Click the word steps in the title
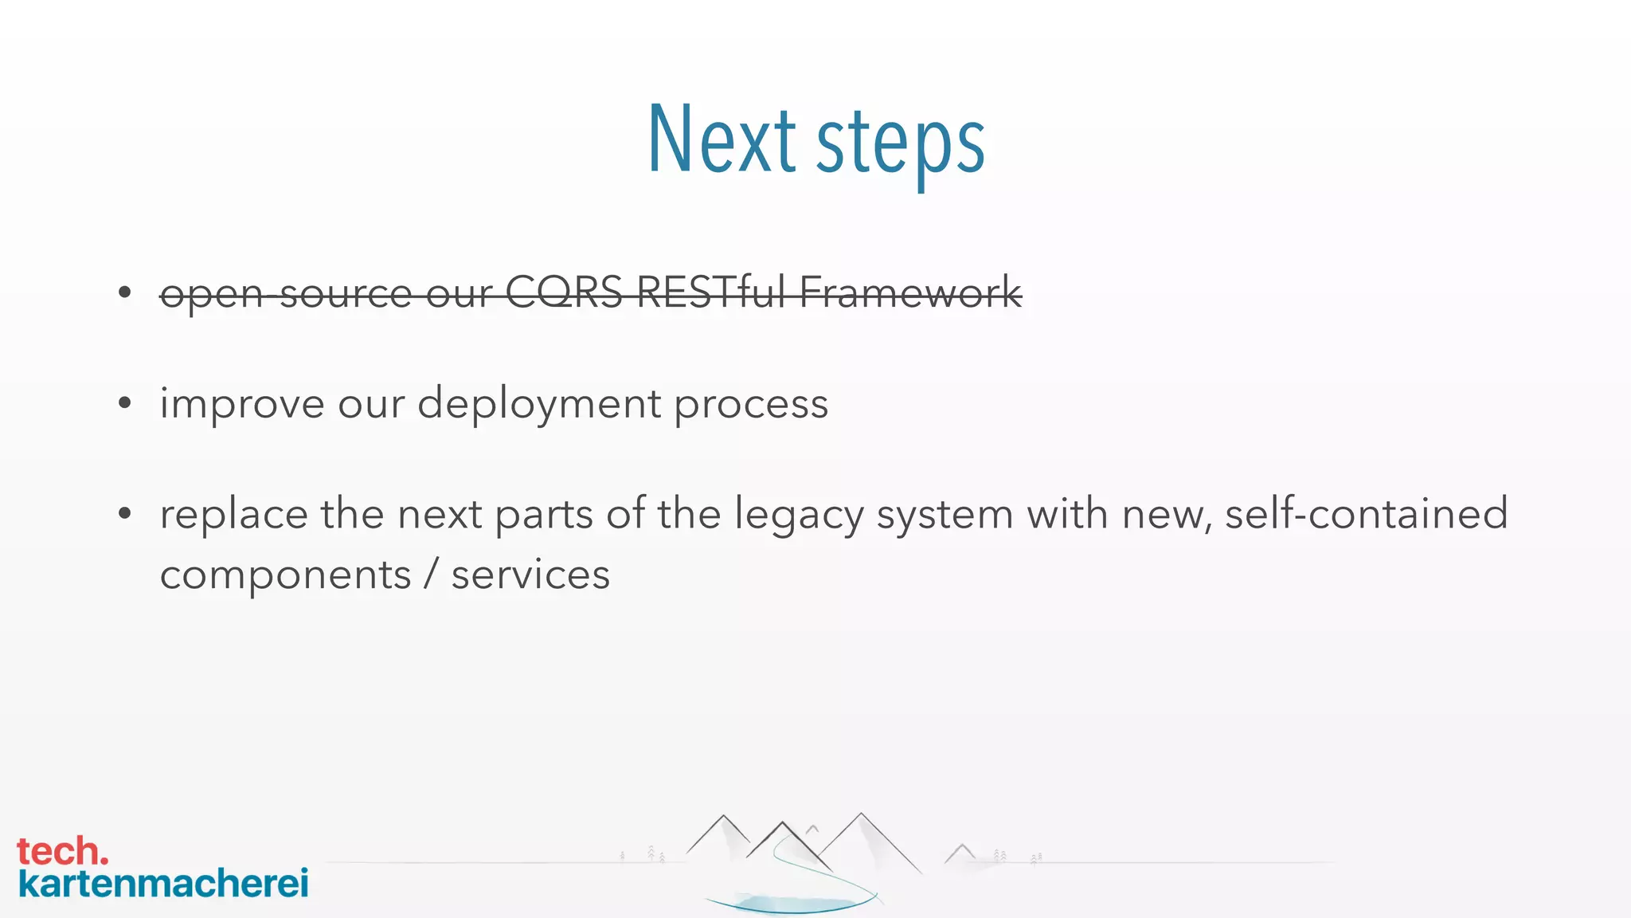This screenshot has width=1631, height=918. pos(901,143)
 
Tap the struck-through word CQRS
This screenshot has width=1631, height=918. pos(564,292)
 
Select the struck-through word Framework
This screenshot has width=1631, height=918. pos(910,292)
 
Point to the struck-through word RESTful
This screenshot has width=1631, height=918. pos(711,292)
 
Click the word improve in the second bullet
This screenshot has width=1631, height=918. pos(242,403)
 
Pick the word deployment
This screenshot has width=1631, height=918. pos(539,403)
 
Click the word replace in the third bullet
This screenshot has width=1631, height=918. pos(233,514)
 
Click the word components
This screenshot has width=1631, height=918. pos(285,575)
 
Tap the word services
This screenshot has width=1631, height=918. pos(530,575)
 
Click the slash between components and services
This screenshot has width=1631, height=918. pos(431,575)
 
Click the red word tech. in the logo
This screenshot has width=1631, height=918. pos(62,851)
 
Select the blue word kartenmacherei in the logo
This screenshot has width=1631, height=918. pos(163,884)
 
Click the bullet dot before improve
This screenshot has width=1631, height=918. pos(124,403)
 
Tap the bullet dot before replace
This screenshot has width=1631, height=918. pos(124,513)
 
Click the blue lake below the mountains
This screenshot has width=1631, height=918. pos(793,904)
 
